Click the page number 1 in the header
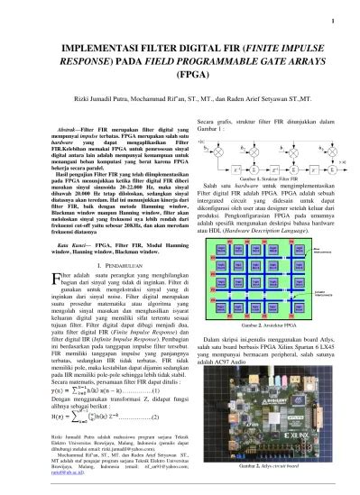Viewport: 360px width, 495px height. coord(333,23)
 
